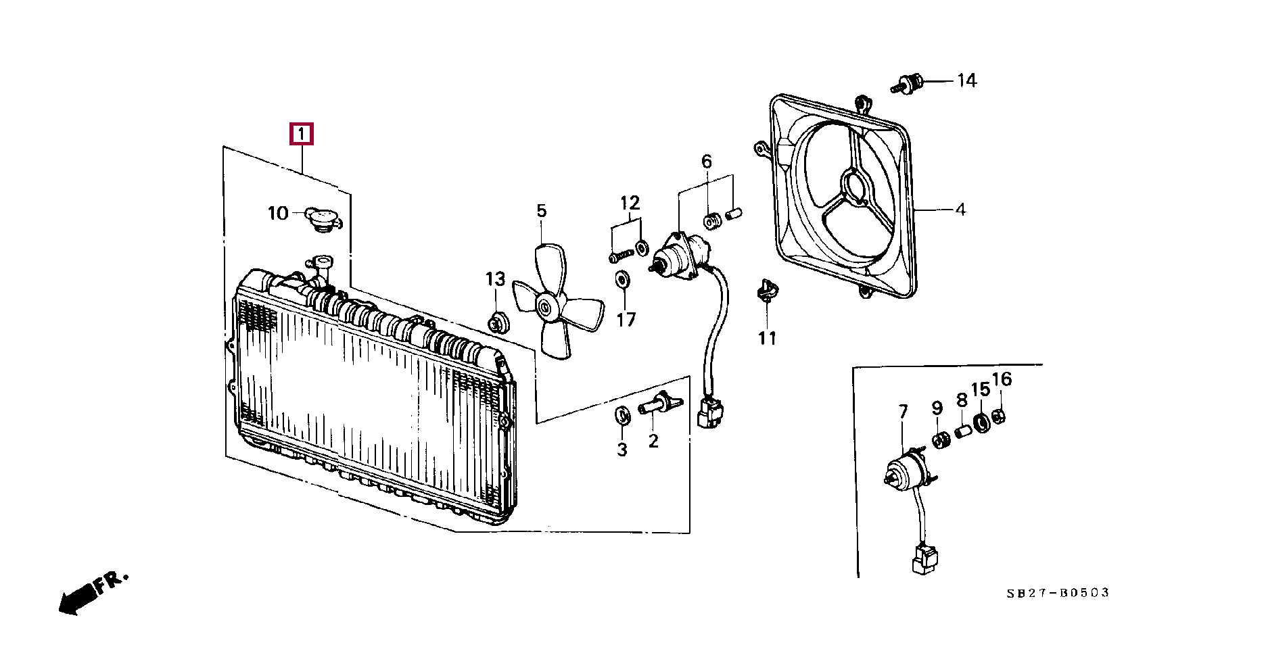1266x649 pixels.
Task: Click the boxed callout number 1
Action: (x=301, y=134)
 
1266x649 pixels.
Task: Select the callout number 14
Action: (x=966, y=80)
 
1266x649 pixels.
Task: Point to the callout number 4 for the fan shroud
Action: (x=960, y=210)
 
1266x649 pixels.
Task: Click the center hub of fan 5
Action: (x=545, y=308)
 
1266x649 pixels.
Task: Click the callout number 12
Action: (x=630, y=202)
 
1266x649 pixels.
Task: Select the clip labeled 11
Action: (x=766, y=291)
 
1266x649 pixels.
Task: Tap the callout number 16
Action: (x=1002, y=379)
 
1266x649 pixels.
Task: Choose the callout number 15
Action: (x=980, y=389)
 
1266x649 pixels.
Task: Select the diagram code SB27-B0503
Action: (x=1057, y=593)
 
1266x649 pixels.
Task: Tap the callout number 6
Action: (x=706, y=161)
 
